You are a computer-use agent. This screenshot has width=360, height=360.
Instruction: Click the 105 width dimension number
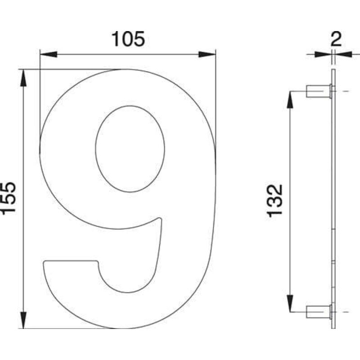click(128, 40)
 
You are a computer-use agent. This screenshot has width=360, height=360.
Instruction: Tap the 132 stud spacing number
click(275, 201)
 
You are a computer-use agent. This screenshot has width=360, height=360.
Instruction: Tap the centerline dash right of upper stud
click(345, 91)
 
